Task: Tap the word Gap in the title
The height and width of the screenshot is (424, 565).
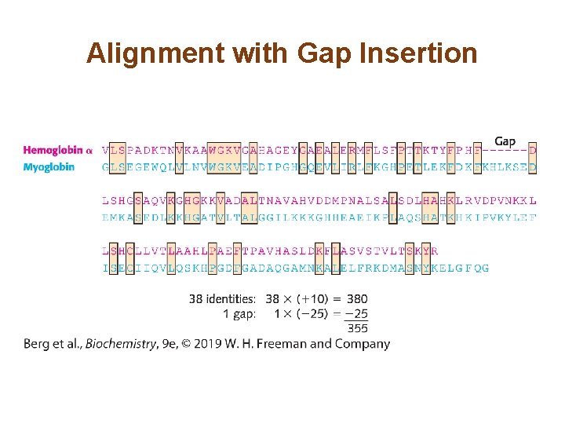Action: (323, 53)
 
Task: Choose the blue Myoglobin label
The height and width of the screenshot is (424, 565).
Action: (49, 166)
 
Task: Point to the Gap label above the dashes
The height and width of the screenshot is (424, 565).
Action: (505, 141)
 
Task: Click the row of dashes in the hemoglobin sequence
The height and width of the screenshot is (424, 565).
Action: (504, 149)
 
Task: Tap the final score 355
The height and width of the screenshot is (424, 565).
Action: (358, 328)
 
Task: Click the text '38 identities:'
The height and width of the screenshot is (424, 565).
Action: (222, 298)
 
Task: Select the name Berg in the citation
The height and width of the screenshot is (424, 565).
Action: (36, 343)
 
